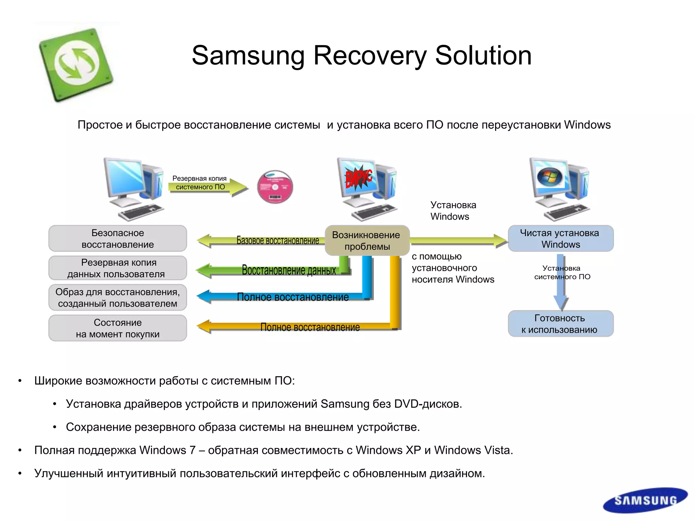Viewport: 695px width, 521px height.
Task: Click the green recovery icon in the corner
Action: coord(76,64)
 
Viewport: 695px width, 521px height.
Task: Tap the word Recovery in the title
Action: coord(370,56)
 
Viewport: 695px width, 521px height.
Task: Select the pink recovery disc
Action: coord(275,187)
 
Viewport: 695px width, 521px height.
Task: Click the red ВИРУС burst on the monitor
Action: coord(358,177)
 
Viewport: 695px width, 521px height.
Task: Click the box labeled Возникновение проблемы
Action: coord(367,240)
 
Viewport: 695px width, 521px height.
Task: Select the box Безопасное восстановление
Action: coord(117,238)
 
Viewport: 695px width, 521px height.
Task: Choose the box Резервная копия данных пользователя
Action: coord(117,268)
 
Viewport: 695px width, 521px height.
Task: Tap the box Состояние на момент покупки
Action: coord(117,328)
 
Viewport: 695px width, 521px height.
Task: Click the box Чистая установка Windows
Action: coord(560,238)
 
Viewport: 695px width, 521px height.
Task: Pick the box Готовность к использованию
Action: coord(560,324)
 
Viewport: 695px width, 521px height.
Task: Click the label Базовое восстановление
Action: coord(278,240)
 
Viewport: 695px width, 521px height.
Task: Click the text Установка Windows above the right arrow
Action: coord(453,211)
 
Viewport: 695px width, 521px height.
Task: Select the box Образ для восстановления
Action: coord(117,297)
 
